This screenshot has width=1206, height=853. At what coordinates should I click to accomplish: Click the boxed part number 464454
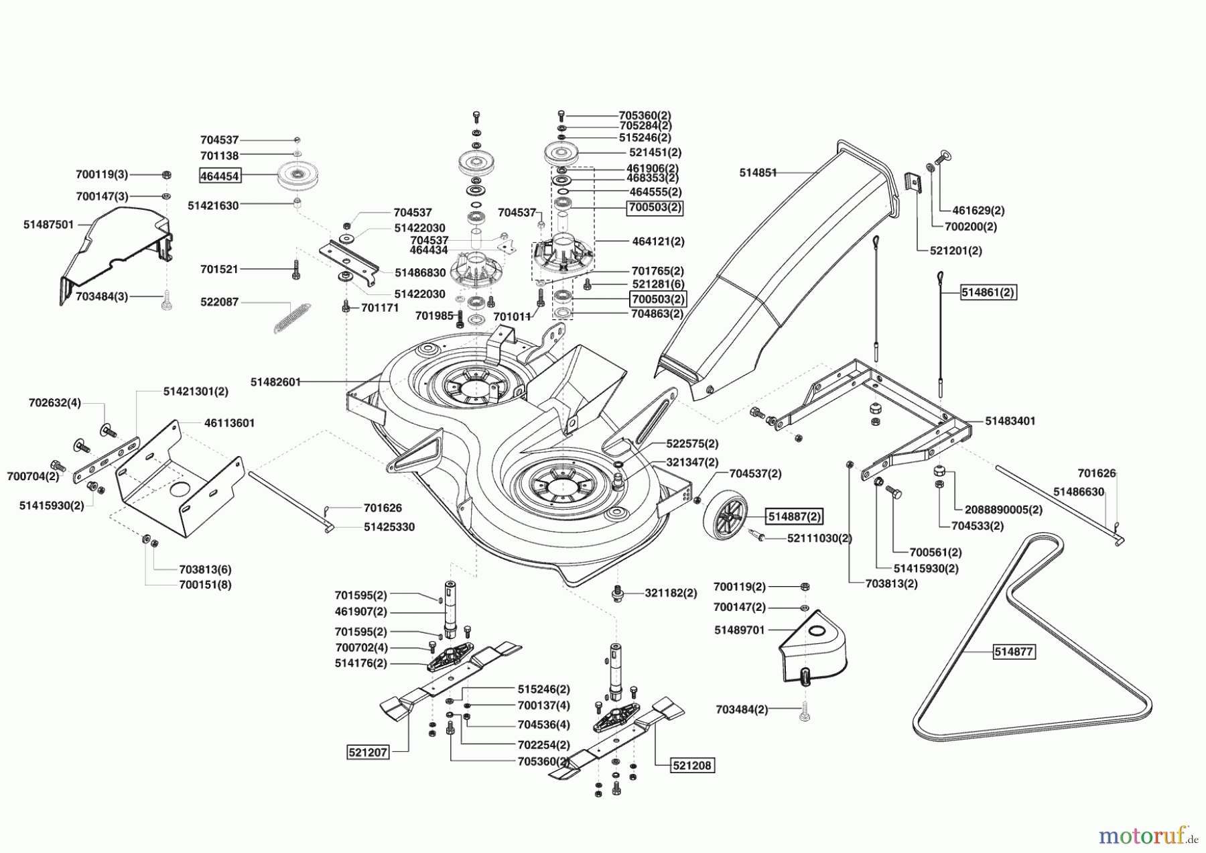click(220, 176)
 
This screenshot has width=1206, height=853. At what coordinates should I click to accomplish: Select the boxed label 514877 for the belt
click(1014, 651)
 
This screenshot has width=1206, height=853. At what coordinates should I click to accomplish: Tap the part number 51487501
click(49, 225)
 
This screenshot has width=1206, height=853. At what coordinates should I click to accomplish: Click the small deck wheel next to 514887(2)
click(726, 517)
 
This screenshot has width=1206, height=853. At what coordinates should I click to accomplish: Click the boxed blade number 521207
click(368, 752)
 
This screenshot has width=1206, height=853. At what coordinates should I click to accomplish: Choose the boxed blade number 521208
click(692, 765)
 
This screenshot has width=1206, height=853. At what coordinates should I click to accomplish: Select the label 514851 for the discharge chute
click(758, 172)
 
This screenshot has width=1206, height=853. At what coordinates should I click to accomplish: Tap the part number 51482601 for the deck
click(275, 382)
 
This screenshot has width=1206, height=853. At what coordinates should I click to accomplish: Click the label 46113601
click(229, 423)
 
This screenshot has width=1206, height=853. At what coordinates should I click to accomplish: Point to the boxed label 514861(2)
click(988, 292)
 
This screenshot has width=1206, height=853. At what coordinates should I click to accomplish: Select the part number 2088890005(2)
click(1004, 510)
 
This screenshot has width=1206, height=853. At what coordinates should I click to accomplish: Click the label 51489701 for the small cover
click(739, 630)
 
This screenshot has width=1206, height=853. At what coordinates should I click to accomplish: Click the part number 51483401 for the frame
click(1010, 421)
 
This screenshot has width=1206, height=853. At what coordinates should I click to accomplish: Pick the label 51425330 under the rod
click(389, 527)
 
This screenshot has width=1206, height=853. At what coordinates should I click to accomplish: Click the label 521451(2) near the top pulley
click(655, 152)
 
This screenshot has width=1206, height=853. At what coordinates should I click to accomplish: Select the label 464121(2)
click(658, 241)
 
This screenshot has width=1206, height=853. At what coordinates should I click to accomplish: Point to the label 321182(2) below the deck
click(671, 593)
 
